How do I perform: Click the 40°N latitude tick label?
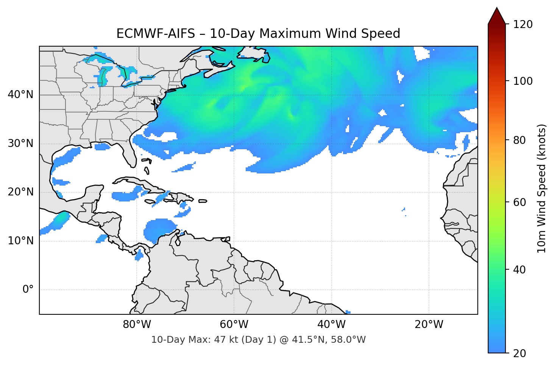[20, 95]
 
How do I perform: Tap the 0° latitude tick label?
[28, 290]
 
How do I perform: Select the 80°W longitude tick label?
[137, 325]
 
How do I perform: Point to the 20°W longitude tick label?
[429, 325]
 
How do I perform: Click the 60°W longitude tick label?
[234, 325]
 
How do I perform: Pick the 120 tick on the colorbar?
[523, 25]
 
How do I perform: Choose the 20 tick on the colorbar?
[519, 353]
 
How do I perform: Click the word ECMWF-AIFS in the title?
[155, 34]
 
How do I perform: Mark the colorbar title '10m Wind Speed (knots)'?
[542, 188]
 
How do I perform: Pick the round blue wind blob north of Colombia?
[159, 229]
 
